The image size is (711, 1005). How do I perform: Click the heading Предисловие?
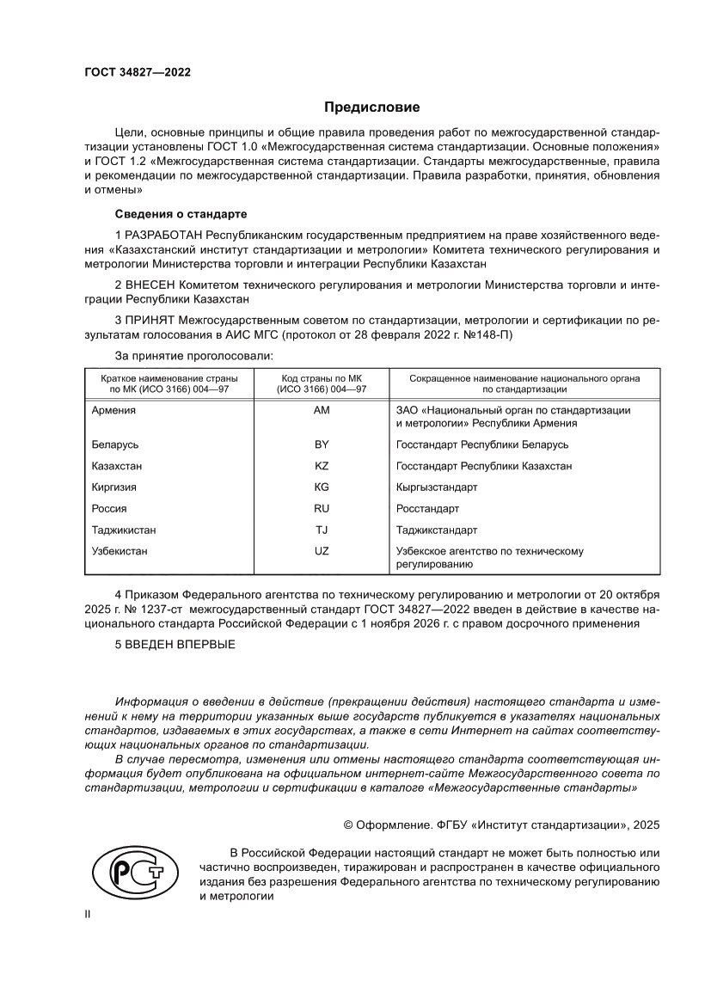[x=371, y=107]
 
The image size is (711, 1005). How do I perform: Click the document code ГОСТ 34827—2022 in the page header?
[x=138, y=72]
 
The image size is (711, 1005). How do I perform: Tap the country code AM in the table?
[x=322, y=410]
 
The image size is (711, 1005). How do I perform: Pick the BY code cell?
[x=322, y=444]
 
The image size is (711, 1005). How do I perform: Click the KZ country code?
[x=322, y=466]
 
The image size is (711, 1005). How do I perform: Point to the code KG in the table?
[x=322, y=487]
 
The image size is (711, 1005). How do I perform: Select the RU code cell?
[x=322, y=508]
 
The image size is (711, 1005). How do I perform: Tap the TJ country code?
[x=322, y=530]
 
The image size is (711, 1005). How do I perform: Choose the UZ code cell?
[x=322, y=550]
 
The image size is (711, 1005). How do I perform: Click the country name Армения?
[x=113, y=410]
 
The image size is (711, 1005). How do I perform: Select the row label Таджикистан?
[x=124, y=530]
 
